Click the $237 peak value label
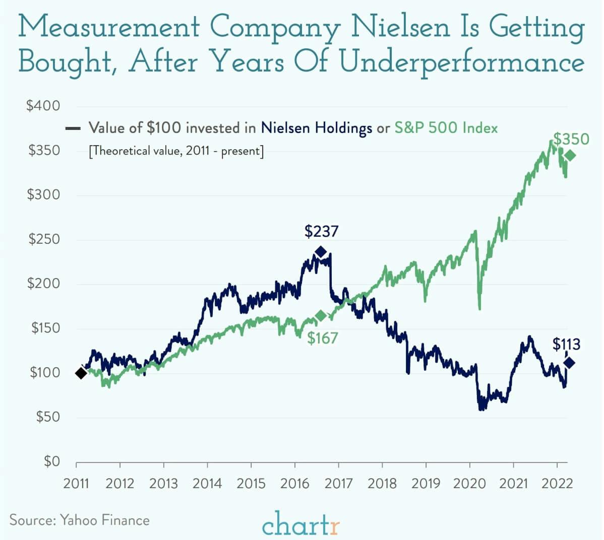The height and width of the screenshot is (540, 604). pos(321,231)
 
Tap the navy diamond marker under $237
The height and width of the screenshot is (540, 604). pos(321,252)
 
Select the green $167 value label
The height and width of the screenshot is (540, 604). pos(323,337)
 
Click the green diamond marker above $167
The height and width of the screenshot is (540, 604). pos(321,316)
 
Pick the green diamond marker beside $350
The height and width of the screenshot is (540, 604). pos(570,156)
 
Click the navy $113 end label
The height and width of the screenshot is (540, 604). pos(566,345)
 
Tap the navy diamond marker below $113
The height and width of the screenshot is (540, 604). pos(570,363)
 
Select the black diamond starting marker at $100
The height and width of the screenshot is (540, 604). pos(81,373)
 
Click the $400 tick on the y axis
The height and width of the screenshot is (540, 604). pos(43,106)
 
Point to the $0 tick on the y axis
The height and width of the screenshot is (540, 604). pos(51,461)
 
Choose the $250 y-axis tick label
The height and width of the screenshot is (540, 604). pos(44,239)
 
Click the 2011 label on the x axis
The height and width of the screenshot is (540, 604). pos(76,484)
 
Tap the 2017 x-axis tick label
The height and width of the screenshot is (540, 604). pos(338,484)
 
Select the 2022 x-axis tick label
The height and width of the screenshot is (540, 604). pos(557,484)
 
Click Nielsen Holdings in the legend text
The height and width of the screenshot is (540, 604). pos(316,128)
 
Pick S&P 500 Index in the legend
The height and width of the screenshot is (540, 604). pos(446,128)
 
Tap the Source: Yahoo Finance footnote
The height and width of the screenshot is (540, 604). pos(80,520)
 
